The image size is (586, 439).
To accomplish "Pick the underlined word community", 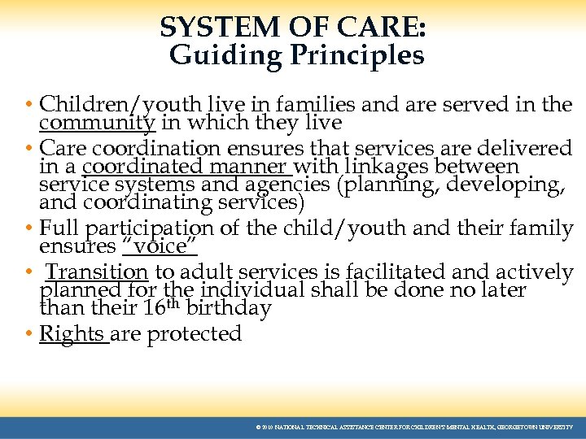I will click(x=97, y=123).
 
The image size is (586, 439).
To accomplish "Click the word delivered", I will click(x=521, y=148).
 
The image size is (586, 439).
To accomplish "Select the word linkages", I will click(x=382, y=167).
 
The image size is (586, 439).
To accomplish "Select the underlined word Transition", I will click(x=97, y=272).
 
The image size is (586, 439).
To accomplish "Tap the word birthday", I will click(x=228, y=309).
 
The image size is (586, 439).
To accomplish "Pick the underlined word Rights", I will click(x=72, y=334).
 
